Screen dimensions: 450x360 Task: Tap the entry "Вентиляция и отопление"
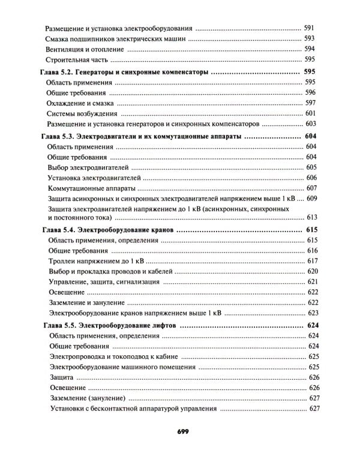(x=83, y=49)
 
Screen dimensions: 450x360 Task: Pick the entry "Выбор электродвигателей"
(x=87, y=167)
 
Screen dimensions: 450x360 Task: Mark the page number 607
(x=311, y=188)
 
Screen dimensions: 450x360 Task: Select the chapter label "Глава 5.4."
(x=58, y=230)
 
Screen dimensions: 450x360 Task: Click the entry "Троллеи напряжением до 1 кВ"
(x=93, y=261)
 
